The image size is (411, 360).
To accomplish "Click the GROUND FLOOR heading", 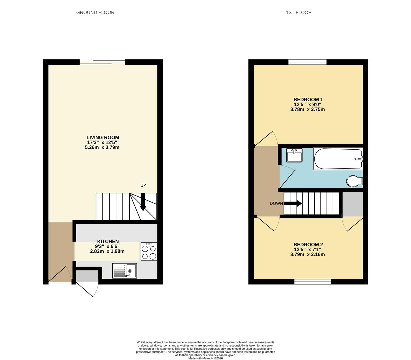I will tap(95, 13).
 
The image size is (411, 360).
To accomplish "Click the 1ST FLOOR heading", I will tap(299, 13).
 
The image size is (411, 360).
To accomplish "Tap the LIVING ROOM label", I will tap(103, 137).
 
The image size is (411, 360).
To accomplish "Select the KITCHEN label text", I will tap(108, 241).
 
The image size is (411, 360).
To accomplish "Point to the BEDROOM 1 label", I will tap(308, 99).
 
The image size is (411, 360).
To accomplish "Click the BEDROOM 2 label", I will tap(308, 244).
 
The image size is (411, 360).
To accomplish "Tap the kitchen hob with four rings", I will tap(149, 251).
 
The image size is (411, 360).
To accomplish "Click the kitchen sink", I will tap(124, 270).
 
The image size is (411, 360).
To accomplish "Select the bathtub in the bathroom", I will tap(338, 159).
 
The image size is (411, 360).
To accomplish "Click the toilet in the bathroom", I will tap(354, 182).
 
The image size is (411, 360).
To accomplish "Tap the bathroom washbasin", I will tap(294, 155).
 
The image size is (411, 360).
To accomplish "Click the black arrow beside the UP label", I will tap(143, 202).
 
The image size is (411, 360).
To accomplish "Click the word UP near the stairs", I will tap(143, 185).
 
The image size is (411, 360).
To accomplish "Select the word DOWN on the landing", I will tap(276, 203).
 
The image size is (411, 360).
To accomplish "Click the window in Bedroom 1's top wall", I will tap(307, 62).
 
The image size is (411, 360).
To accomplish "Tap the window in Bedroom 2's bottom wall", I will tap(312, 282).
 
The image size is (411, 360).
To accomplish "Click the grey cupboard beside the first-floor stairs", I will tap(352, 204).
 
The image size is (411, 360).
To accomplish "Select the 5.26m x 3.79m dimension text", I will tap(102, 147).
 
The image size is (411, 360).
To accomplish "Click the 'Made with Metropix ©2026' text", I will tap(205, 358).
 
